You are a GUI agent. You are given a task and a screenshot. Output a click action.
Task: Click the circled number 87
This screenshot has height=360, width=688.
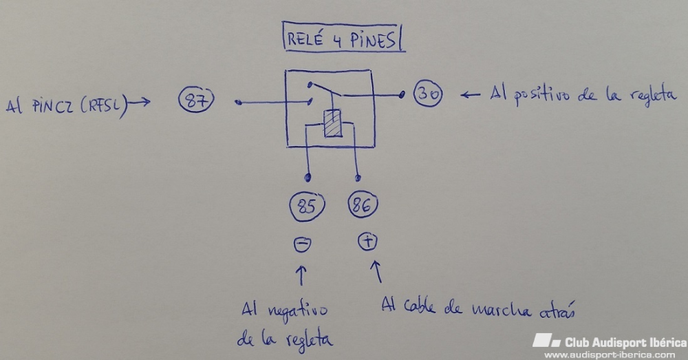point(197,102)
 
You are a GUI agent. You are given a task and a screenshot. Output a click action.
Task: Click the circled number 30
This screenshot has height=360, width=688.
point(428,94)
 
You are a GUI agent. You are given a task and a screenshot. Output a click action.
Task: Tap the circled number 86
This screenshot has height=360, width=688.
point(363,205)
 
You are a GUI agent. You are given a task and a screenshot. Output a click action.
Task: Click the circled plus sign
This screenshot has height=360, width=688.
point(366,241)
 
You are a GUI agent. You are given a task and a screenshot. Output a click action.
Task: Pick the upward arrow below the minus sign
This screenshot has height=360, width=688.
point(301,275)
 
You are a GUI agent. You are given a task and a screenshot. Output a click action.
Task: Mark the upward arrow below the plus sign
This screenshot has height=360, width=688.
point(376,271)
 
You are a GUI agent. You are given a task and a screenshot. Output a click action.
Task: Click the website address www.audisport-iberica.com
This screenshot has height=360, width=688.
point(610,354)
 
